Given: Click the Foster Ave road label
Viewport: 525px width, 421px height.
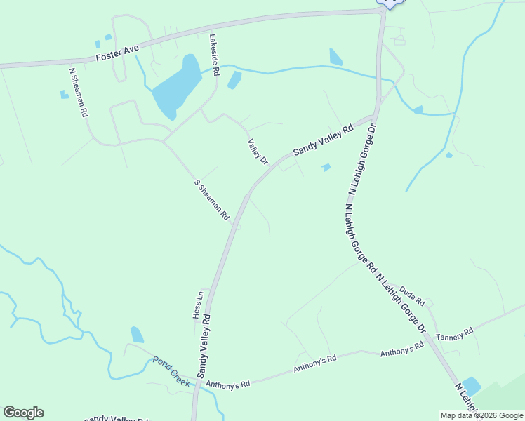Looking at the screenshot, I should coord(118,53).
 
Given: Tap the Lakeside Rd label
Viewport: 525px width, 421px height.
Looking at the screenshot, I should coord(215,55).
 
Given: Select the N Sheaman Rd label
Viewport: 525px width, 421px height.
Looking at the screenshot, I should coord(78,92).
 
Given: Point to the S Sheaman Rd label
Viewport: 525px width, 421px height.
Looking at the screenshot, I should coord(212,201).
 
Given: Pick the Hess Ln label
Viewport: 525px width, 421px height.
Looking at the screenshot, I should coord(199,305).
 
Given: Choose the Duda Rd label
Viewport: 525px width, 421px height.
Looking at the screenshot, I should coord(413,295).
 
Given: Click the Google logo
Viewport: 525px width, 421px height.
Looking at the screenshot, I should coord(23,413).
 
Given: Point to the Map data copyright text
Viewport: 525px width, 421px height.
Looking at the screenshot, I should coord(481,415).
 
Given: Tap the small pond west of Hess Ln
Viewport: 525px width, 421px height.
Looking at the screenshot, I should coord(137,335).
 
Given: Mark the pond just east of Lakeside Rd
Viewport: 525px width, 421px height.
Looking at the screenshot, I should coord(234,80).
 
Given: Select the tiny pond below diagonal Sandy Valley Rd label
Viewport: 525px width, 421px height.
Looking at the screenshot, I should coord(326,168).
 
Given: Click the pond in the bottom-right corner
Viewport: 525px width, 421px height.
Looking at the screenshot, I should coord(470,386).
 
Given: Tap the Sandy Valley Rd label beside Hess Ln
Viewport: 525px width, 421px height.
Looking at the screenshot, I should coord(205,346).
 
